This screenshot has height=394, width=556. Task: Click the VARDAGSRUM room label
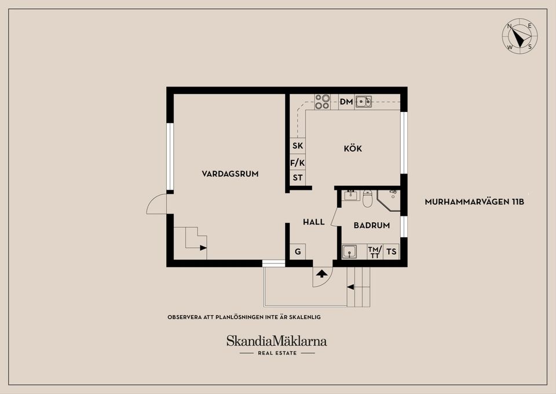coord(230,174)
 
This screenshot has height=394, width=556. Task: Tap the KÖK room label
coord(353,149)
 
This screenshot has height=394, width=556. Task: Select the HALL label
coord(314,222)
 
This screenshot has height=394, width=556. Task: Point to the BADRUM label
coord(371,226)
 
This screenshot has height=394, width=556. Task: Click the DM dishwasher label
coord(346,102)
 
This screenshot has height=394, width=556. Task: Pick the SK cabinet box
coord(298,146)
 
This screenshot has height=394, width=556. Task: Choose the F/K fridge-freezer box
coord(298,163)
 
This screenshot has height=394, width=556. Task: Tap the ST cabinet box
coord(298,178)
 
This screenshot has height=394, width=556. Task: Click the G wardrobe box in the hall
coord(298,252)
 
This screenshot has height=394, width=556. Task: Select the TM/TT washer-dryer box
coord(375,252)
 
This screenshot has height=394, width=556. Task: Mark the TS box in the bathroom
coord(392,252)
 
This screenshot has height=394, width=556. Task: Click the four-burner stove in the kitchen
coord(322,102)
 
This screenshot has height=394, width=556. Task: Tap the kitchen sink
coord(363,102)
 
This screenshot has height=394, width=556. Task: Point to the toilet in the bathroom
coord(367,199)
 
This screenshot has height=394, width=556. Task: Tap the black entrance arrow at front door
coord(321,273)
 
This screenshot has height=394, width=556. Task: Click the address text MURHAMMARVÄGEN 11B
coord(474,203)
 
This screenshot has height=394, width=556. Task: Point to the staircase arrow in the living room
coord(203,248)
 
